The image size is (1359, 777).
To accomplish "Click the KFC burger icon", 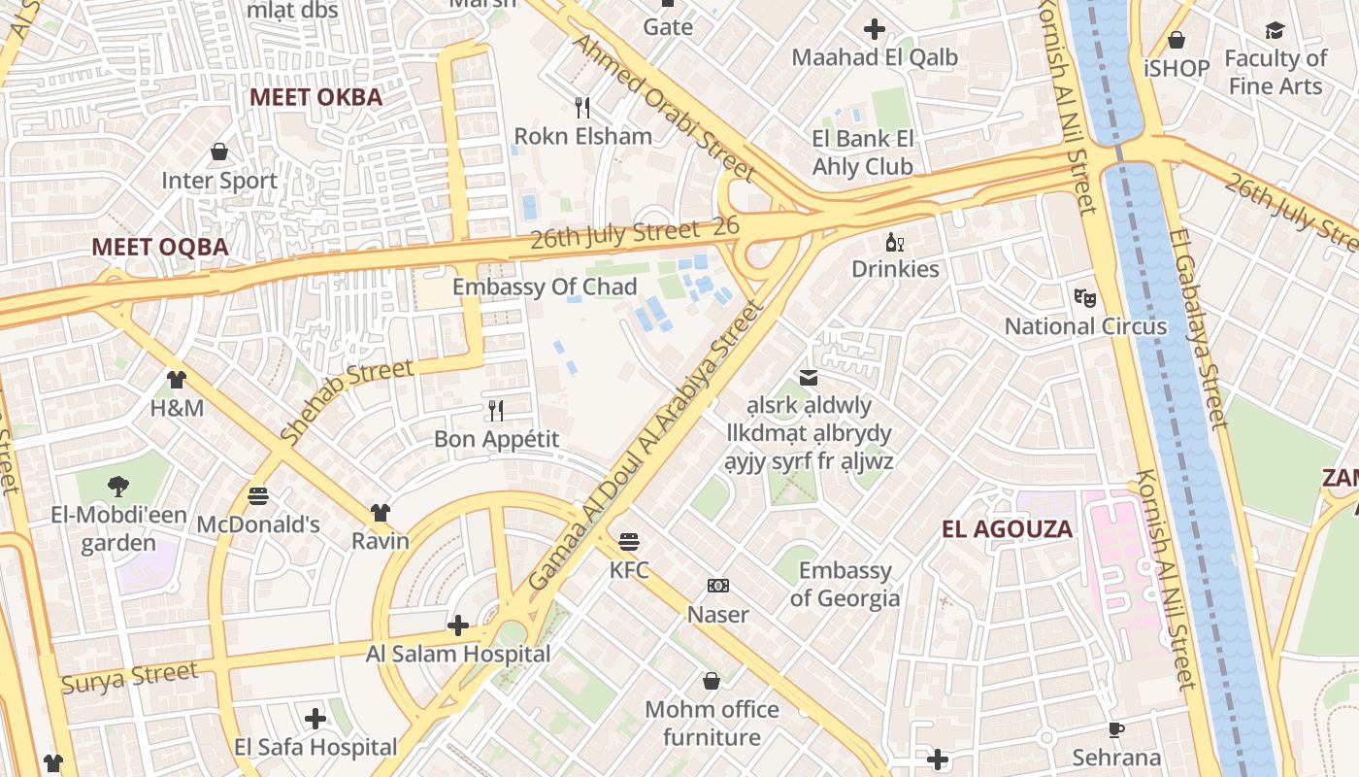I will click(629, 541).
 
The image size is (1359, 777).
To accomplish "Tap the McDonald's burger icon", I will click(258, 496).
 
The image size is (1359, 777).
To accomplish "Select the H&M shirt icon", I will click(176, 379).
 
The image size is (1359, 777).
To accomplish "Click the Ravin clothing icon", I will click(380, 512).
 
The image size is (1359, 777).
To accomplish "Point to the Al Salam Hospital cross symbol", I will click(458, 625).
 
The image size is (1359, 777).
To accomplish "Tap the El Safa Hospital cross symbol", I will click(315, 719).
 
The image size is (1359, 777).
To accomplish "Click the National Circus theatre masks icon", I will click(1084, 297).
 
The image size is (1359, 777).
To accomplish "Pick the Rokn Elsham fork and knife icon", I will click(582, 107).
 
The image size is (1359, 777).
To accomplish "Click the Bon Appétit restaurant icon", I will click(496, 411).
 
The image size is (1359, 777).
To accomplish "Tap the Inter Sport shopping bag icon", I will click(219, 152).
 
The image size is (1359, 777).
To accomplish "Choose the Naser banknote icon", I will click(718, 586).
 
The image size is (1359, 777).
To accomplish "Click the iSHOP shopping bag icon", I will click(1177, 40).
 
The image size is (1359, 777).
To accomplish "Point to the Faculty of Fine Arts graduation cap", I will click(1275, 30).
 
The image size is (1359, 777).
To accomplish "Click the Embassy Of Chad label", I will click(545, 287).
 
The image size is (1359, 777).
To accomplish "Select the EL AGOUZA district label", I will click(1008, 529).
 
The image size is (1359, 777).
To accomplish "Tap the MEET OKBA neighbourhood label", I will click(316, 97).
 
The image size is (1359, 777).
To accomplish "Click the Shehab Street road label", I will click(347, 402).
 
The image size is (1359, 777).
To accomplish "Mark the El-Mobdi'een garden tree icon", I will click(118, 486).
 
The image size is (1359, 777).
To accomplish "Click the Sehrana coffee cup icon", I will click(1116, 729).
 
